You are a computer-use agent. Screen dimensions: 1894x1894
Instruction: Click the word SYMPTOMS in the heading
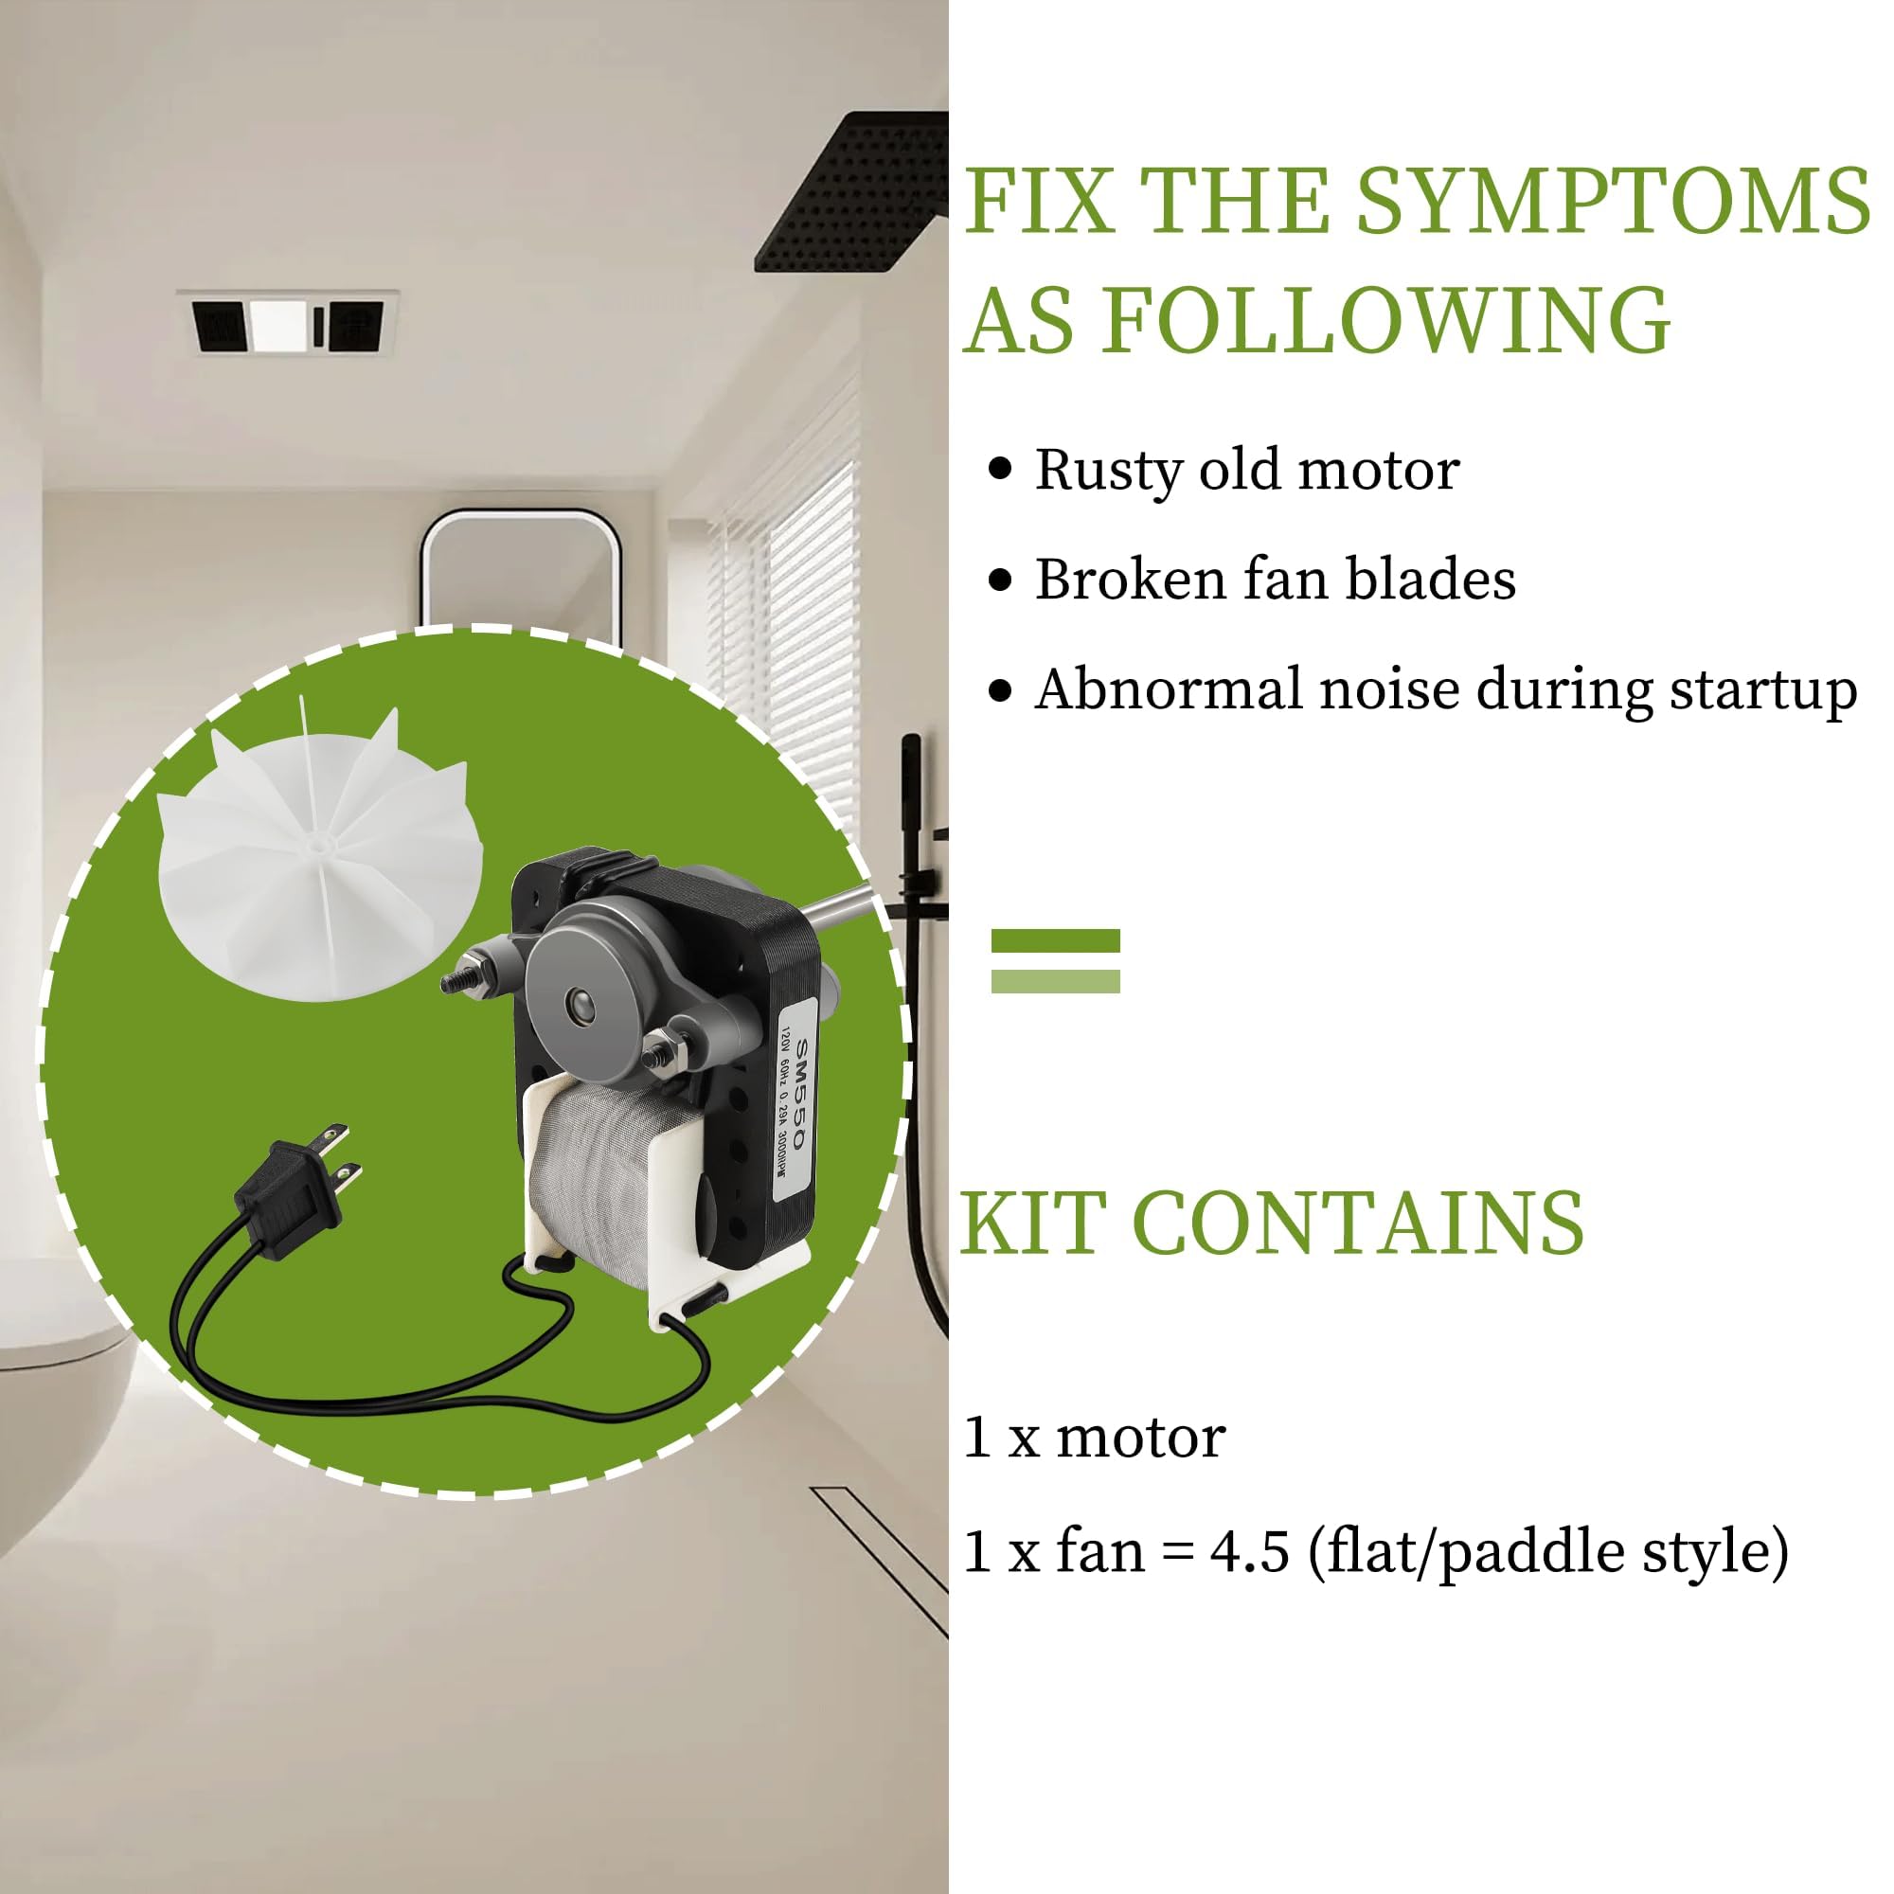click(x=1613, y=202)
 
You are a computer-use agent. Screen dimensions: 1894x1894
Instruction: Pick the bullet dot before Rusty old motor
click(x=999, y=469)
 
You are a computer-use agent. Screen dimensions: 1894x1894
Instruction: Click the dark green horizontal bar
click(x=1055, y=940)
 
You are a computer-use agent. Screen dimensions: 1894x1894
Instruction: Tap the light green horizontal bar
click(x=1055, y=981)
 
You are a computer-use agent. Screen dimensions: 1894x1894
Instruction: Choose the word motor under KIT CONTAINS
click(x=1140, y=1438)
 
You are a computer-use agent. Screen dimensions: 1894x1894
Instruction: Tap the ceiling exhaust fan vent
click(x=288, y=323)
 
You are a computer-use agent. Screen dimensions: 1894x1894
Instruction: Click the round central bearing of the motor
click(x=580, y=1004)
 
